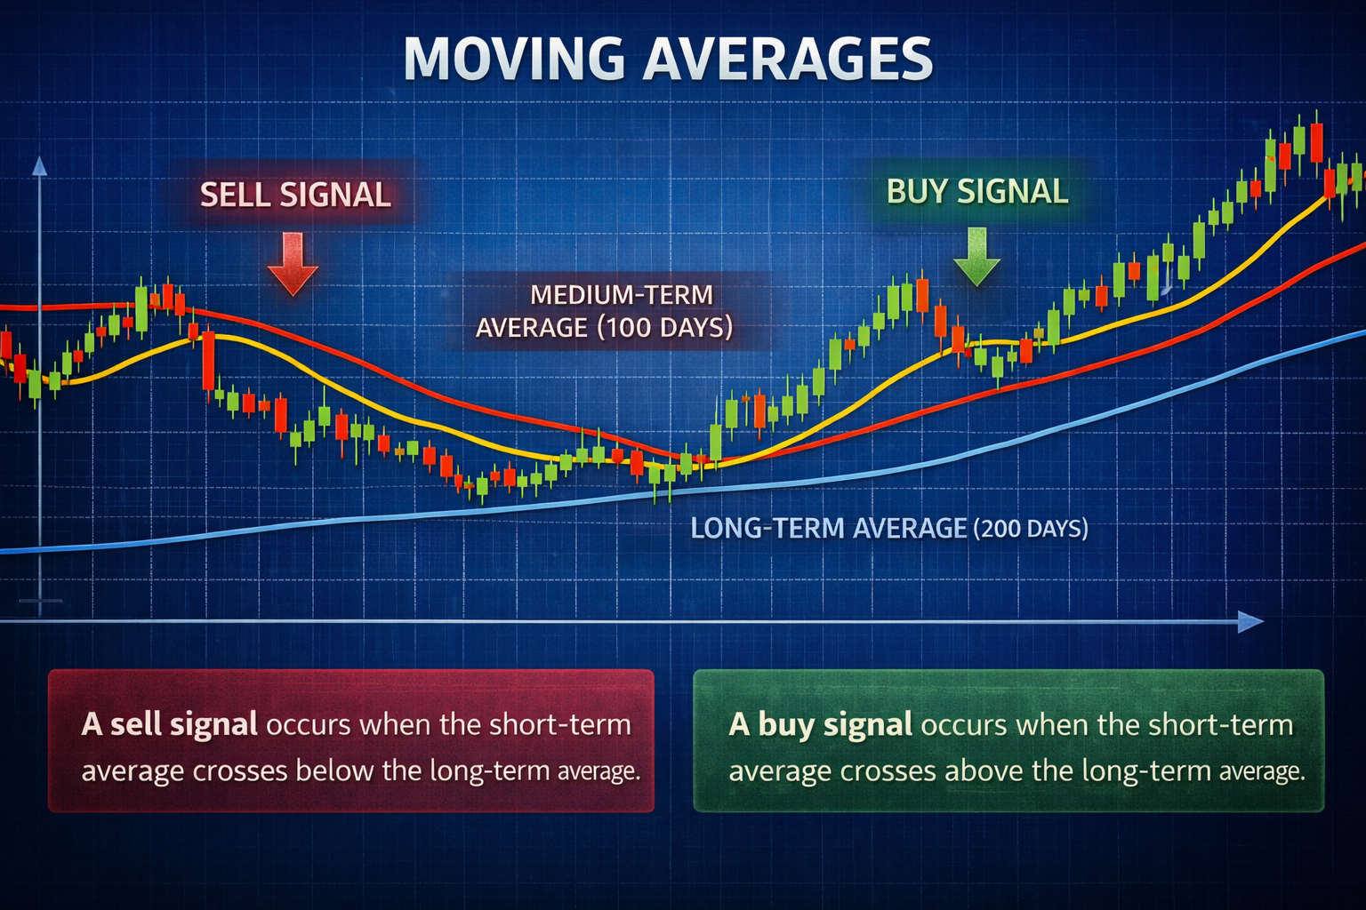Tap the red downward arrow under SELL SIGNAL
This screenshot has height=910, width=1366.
(x=293, y=264)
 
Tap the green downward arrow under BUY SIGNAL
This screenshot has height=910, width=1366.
(x=976, y=257)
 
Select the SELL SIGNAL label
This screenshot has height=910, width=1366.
(x=295, y=195)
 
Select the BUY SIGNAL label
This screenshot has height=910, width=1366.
(x=977, y=192)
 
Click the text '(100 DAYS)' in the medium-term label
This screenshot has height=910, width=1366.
(x=664, y=327)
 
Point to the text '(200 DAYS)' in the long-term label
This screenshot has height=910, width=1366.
(x=1031, y=529)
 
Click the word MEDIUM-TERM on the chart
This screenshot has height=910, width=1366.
(x=621, y=294)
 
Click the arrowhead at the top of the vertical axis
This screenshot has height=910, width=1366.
(x=39, y=166)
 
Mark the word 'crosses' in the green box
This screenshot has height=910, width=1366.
(x=888, y=770)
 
